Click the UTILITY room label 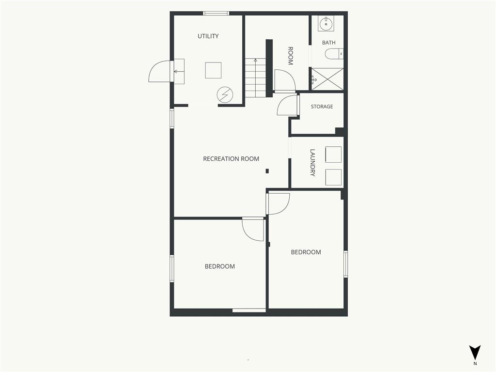(208, 36)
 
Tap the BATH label (329, 43)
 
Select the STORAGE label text (322, 107)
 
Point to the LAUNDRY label (312, 163)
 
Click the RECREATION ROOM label (231, 159)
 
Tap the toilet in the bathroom (334, 54)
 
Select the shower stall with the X (327, 78)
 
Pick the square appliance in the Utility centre (213, 70)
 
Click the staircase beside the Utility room (256, 78)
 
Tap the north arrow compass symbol (475, 352)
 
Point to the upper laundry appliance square (333, 155)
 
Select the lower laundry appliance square (333, 177)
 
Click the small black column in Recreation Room (267, 171)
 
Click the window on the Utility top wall (216, 13)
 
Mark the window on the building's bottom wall (249, 310)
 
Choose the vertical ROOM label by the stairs (290, 56)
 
